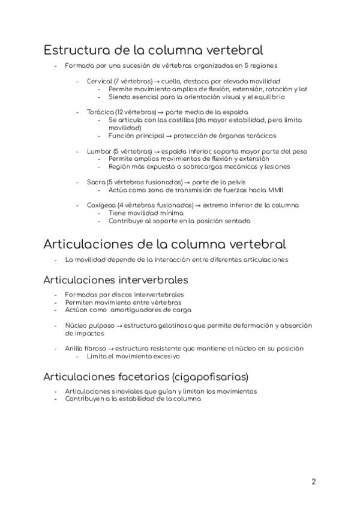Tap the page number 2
point(314,481)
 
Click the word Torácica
point(100,112)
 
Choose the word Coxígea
point(100,205)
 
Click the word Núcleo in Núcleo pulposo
point(76,325)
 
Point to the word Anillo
point(74,348)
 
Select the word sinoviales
point(121,391)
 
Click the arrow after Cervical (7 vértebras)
point(156,80)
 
